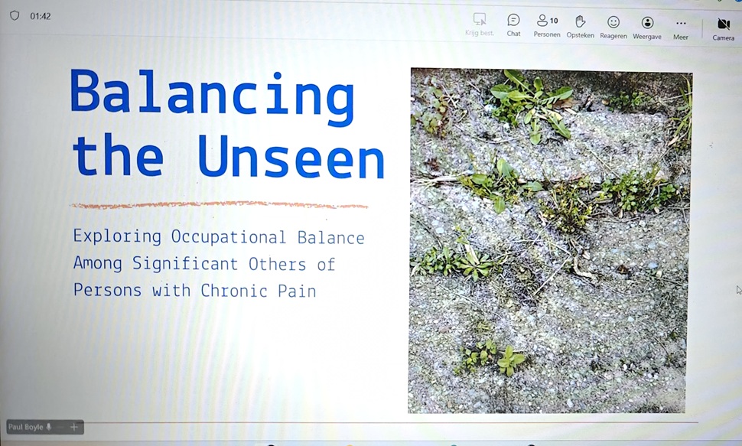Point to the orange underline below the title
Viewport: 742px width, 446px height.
(x=219, y=205)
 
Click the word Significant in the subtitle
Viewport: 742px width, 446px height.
(x=187, y=264)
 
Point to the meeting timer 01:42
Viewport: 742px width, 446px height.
(x=41, y=16)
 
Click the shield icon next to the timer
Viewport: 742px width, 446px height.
(x=15, y=15)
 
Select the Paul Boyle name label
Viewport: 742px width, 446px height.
(x=26, y=427)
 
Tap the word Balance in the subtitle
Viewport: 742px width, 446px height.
(x=331, y=237)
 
